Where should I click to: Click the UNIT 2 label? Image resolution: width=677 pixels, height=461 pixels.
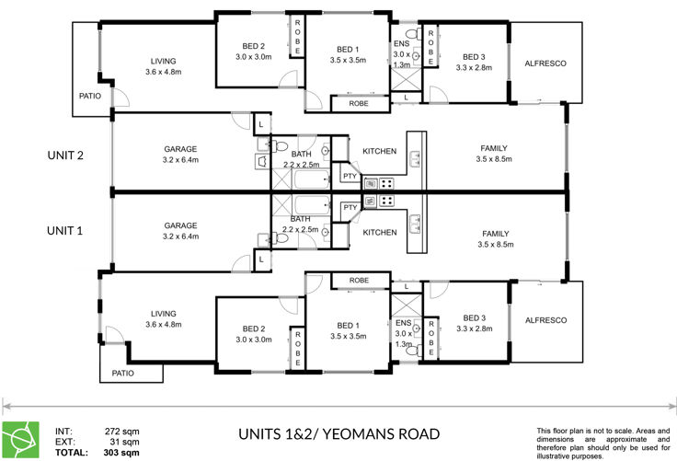(65, 156)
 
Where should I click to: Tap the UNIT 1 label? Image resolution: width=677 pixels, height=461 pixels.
(64, 231)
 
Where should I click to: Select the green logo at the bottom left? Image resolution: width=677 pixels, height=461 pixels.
(21, 440)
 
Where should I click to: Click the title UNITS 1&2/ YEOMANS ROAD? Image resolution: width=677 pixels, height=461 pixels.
(338, 434)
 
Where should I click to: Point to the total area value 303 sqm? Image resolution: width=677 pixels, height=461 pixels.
(121, 453)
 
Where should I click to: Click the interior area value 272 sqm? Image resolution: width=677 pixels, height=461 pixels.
(122, 432)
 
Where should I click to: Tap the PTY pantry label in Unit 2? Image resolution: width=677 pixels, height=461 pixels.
(350, 176)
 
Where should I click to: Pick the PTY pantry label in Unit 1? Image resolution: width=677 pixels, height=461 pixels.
(350, 208)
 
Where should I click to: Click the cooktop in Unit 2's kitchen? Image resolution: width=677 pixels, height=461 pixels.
(386, 183)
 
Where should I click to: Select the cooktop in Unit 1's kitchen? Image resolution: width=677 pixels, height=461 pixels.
(386, 201)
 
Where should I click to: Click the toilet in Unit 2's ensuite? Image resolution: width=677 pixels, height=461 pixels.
(414, 33)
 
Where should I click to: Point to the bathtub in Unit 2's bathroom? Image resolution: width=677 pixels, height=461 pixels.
(312, 179)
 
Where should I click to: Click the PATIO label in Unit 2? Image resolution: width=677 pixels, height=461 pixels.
(90, 96)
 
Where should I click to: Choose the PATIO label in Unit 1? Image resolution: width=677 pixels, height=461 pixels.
(122, 373)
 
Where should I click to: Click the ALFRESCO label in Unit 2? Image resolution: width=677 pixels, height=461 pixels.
(545, 63)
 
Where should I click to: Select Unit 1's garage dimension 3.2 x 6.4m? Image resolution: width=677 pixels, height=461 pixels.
(181, 236)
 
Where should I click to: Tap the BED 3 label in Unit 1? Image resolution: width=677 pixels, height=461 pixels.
(474, 318)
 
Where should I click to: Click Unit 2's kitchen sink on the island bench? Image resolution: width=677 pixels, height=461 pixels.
(415, 158)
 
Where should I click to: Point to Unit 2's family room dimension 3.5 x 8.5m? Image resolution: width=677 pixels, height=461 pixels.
(494, 159)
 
